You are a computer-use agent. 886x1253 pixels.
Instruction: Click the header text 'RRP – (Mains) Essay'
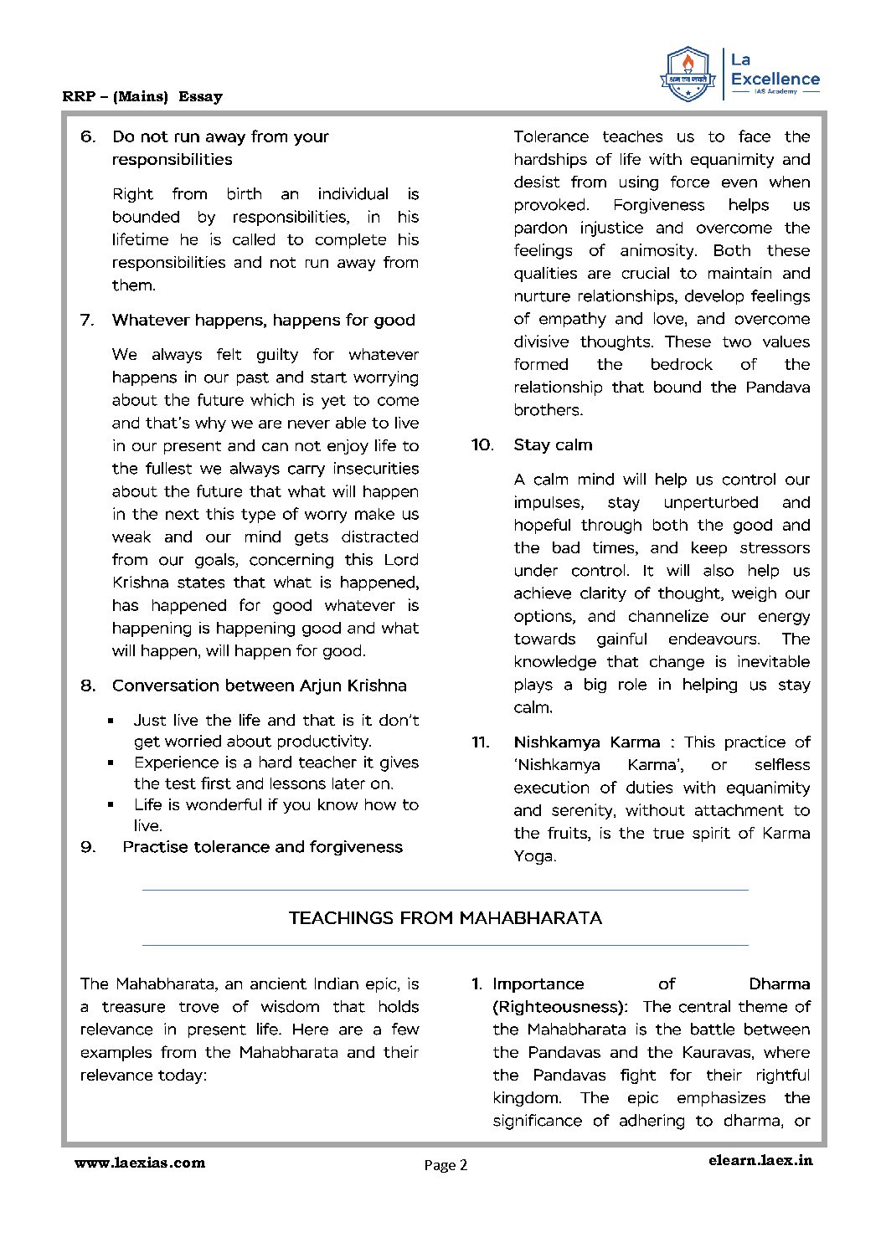142,96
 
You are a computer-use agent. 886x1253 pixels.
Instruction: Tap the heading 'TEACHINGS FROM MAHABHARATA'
445,918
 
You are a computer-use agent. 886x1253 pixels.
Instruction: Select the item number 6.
88,136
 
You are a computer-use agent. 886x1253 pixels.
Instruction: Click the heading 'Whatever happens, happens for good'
263,320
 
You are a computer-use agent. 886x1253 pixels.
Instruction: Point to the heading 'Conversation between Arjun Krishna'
259,686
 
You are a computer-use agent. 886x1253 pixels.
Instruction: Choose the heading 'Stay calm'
553,444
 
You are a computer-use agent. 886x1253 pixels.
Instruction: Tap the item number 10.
482,444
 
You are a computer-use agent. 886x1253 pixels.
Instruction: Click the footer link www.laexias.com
140,1162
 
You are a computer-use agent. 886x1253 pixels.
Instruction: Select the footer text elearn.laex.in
760,1160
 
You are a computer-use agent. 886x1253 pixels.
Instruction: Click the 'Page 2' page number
446,1165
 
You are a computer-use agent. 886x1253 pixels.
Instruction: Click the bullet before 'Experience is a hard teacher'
111,763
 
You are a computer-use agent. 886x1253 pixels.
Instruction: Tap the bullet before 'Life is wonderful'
111,805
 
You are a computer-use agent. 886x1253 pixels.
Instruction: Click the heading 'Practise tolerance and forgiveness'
262,847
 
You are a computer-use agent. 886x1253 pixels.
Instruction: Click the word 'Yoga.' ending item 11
534,856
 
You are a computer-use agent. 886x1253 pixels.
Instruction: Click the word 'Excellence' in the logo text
775,80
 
